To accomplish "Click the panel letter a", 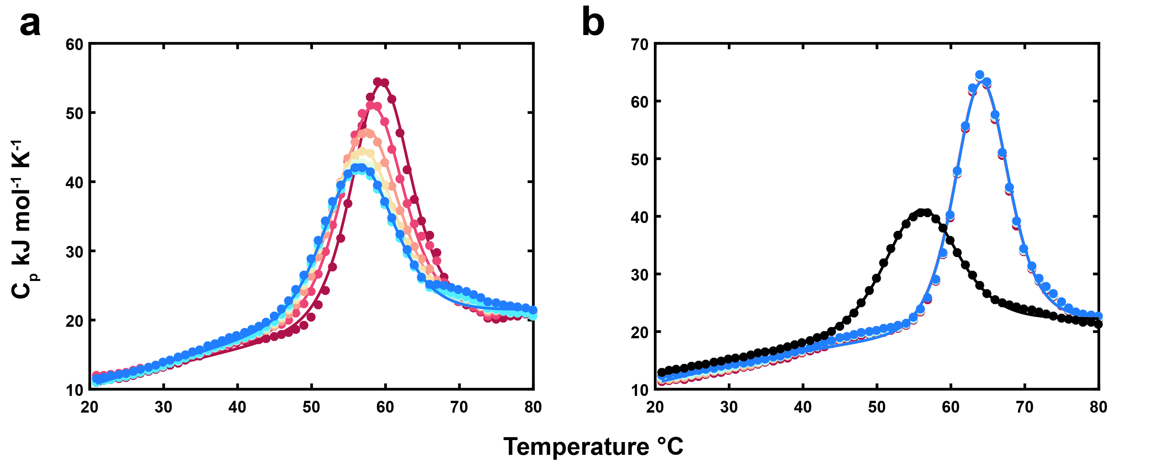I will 30,25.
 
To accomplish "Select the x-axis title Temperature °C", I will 593,447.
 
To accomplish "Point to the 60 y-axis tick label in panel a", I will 74,45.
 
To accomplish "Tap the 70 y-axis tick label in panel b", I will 639,45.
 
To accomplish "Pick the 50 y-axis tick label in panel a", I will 74,114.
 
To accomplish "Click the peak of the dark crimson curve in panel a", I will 381,82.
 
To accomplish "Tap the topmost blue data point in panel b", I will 979,75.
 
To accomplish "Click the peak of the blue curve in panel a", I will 359,167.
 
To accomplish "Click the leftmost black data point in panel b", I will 661,372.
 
